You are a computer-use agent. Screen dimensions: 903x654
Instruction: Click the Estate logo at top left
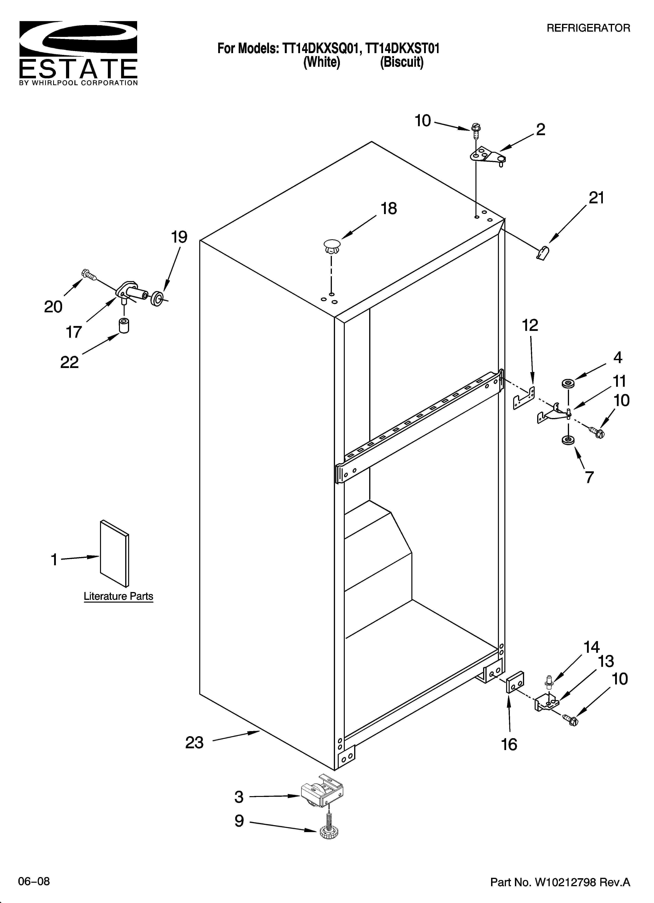pyautogui.click(x=79, y=53)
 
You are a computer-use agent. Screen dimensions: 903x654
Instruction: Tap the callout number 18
pyautogui.click(x=389, y=209)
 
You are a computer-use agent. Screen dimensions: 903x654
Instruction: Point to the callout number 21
pyautogui.click(x=596, y=198)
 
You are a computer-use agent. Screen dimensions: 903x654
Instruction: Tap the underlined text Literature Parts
pyautogui.click(x=118, y=596)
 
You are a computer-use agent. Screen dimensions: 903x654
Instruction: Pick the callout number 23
pyautogui.click(x=194, y=743)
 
